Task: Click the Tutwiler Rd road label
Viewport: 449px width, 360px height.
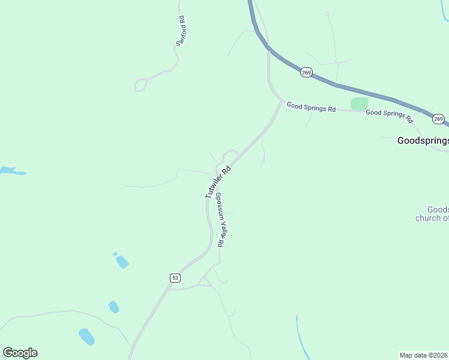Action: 217,182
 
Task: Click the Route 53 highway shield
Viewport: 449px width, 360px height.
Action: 175,278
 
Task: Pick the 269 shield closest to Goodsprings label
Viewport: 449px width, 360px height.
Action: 438,119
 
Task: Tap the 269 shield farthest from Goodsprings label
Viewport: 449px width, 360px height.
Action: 306,72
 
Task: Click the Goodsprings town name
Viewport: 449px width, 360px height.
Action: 423,141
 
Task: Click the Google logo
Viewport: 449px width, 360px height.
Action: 20,353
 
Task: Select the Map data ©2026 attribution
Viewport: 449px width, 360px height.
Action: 423,355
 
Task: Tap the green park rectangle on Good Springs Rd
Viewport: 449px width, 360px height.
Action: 359,104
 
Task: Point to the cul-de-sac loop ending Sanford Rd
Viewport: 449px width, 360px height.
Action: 141,85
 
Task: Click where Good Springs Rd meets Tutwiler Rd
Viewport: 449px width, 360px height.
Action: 280,103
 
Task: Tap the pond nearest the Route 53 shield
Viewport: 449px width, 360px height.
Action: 122,262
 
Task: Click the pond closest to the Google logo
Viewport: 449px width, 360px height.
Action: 86,337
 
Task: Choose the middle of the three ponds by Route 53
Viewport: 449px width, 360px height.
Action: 113,307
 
